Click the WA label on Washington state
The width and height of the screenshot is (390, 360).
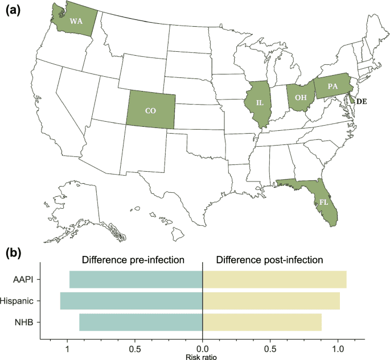75,21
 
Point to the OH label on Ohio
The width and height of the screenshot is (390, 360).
300,97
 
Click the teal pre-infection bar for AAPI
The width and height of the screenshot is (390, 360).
136,280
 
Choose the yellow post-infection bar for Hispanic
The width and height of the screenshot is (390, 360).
272,301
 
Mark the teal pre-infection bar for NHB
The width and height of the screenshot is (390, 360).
141,322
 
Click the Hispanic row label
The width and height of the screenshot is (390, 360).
20,301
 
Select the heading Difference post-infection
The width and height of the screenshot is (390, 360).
269,260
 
